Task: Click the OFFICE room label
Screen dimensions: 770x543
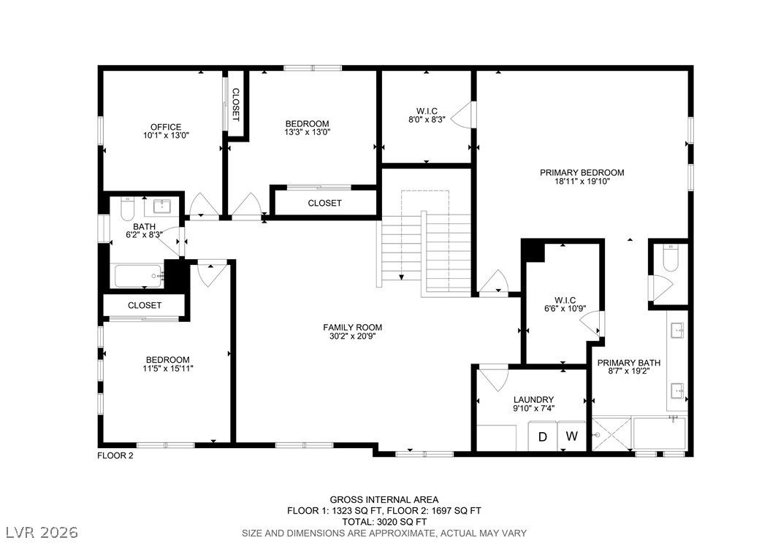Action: (166, 127)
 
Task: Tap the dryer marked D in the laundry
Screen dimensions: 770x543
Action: (543, 436)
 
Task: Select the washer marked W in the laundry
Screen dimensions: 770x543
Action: (571, 436)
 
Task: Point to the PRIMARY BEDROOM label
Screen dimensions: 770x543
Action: (582, 173)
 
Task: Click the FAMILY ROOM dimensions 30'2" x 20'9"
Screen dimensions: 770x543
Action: (353, 336)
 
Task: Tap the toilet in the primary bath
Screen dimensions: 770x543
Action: (670, 257)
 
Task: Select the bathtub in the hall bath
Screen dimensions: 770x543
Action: (138, 276)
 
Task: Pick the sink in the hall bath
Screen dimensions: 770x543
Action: (161, 206)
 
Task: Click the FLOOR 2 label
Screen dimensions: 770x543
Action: (115, 455)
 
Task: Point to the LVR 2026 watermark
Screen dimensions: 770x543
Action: (42, 532)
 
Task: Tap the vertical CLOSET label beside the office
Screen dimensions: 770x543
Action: (236, 105)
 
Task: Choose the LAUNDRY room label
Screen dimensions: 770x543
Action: (533, 400)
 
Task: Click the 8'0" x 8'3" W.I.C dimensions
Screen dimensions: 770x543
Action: (427, 119)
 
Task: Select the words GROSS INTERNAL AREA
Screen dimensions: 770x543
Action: (384, 500)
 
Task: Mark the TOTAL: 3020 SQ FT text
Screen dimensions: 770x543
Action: (384, 521)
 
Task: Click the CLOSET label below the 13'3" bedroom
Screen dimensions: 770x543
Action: (324, 203)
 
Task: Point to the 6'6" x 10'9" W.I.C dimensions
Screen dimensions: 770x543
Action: (565, 309)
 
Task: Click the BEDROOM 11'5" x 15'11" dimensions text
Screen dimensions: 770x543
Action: (168, 369)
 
